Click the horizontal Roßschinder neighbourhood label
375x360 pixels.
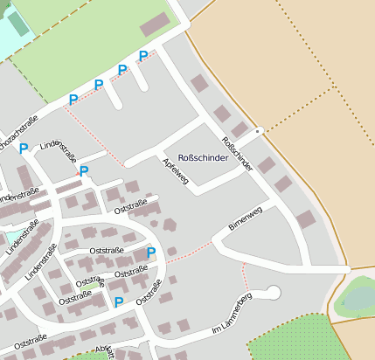tap(203, 158)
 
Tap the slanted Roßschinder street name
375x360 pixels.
tap(237, 153)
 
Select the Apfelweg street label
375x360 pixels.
tap(176, 171)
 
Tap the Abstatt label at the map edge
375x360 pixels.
tap(104, 350)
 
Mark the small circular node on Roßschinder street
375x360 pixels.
tap(258, 131)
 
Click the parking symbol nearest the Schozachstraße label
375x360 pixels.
tap(24, 149)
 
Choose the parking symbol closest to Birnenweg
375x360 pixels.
tap(151, 253)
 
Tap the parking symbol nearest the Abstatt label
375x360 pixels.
tap(118, 302)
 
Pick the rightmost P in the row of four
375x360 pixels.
tap(143, 56)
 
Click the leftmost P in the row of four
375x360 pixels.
tap(73, 100)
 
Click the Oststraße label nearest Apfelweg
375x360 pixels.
tap(131, 206)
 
